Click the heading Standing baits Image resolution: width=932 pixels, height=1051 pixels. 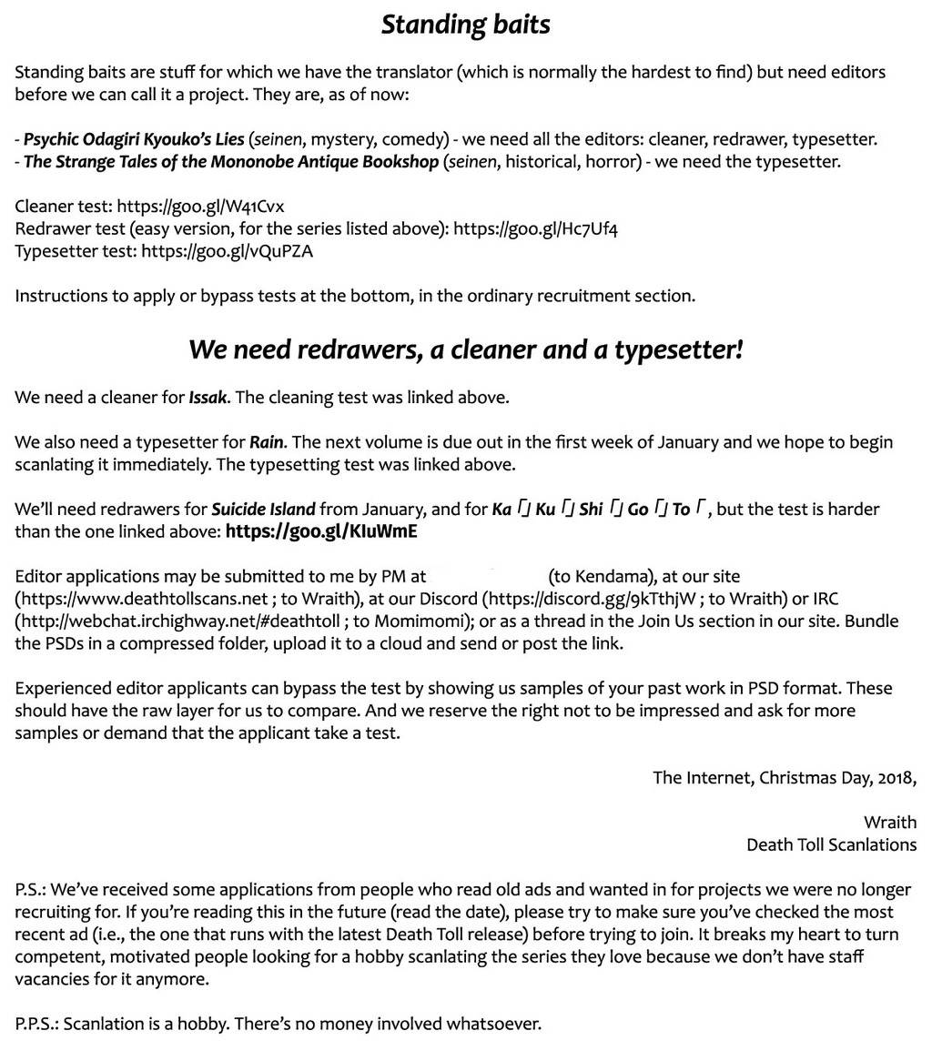465,24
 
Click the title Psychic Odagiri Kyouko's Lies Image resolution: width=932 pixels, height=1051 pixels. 134,139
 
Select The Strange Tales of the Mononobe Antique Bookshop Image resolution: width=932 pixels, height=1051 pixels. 231,162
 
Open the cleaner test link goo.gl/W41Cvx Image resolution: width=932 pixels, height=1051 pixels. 200,207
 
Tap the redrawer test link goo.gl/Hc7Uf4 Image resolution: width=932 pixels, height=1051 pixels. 536,228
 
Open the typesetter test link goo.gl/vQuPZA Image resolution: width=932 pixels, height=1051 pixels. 227,251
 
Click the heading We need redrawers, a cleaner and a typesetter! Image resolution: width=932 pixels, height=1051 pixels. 465,349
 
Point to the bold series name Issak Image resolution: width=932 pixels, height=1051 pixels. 208,398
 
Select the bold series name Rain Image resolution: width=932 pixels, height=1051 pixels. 267,442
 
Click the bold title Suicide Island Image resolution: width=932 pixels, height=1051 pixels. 263,509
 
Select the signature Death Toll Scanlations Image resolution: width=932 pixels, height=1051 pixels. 831,844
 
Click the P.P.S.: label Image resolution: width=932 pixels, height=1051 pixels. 36,1024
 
